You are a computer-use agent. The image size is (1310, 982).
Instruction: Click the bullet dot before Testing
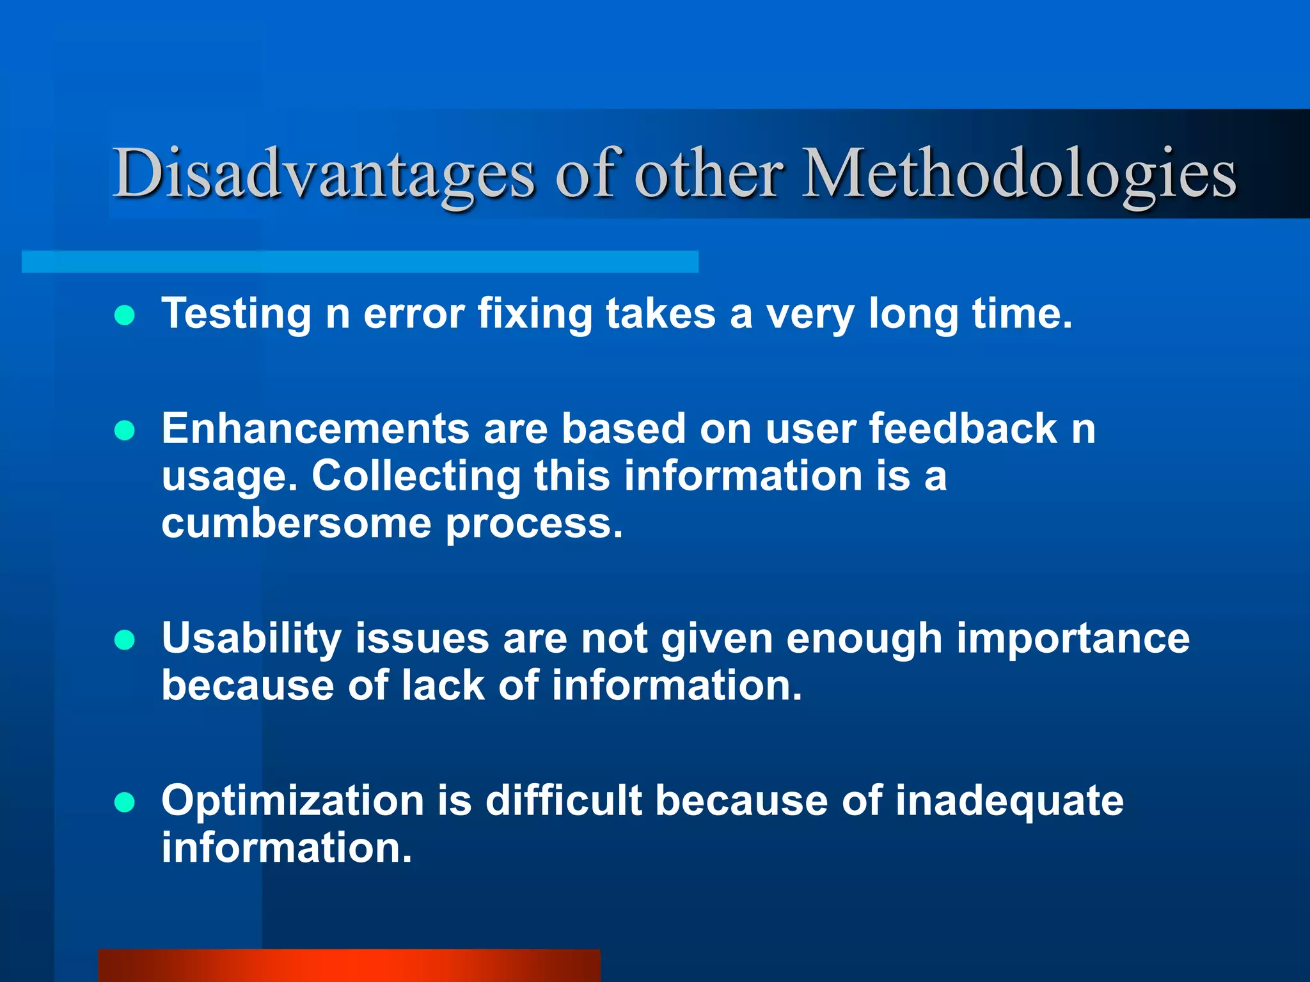(x=124, y=315)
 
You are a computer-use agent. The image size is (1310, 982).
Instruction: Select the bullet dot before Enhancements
(x=124, y=430)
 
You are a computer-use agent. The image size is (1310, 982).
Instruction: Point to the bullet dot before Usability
(x=124, y=640)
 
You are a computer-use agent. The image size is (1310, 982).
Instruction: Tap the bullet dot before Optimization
(x=124, y=802)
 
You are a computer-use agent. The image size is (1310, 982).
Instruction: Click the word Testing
(x=236, y=315)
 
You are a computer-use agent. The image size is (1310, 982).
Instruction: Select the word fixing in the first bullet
(x=535, y=315)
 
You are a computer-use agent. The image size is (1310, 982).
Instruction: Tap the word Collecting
(x=416, y=476)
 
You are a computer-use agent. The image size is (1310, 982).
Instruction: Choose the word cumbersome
(x=296, y=524)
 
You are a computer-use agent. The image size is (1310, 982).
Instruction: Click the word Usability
(x=251, y=639)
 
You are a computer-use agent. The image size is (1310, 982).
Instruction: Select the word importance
(x=1073, y=639)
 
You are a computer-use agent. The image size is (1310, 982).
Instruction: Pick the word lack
(x=443, y=686)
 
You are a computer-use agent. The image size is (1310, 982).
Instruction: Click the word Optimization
(x=293, y=800)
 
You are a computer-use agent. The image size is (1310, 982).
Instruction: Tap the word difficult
(x=564, y=800)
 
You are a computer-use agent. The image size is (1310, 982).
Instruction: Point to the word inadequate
(x=1009, y=800)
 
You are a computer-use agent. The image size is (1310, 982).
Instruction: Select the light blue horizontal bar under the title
(x=359, y=261)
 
